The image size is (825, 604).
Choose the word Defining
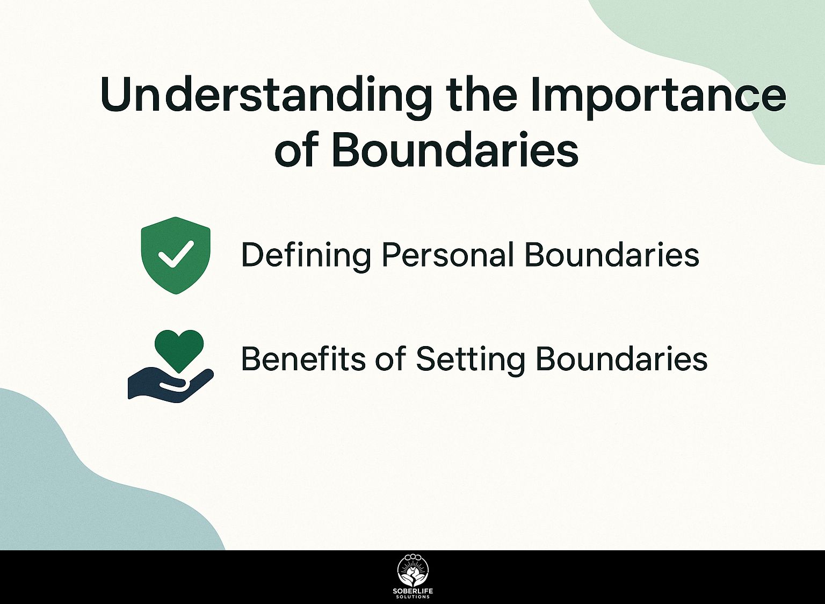pyautogui.click(x=306, y=255)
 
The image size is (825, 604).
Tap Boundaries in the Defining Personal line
pyautogui.click(x=612, y=255)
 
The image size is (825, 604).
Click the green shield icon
pyautogui.click(x=176, y=255)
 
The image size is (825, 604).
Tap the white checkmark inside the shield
pyautogui.click(x=175, y=254)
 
